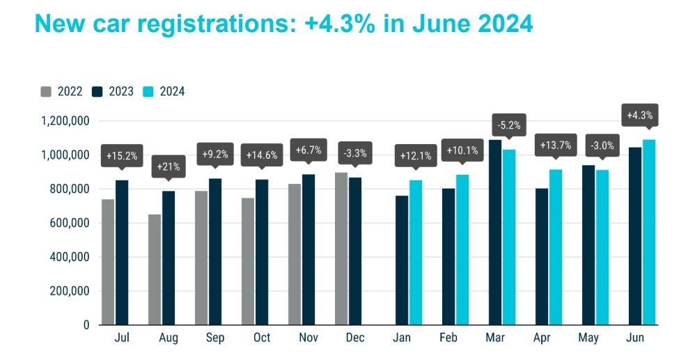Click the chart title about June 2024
click(283, 24)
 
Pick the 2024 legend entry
click(165, 91)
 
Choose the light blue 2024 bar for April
click(556, 246)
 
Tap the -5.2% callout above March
click(508, 125)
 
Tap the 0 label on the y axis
click(86, 324)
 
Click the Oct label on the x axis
click(262, 338)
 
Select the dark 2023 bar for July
click(122, 252)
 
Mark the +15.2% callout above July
click(122, 155)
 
